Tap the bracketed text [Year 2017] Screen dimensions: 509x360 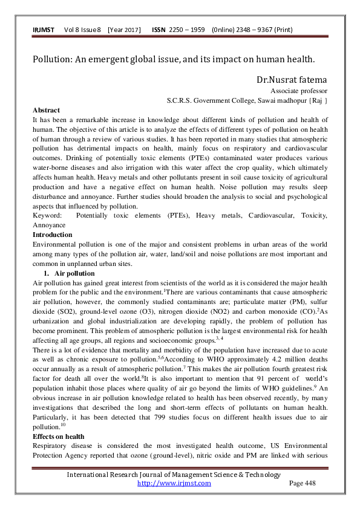(x=124, y=30)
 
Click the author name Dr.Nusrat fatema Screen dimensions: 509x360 (x=292, y=79)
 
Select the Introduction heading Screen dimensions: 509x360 (x=52, y=234)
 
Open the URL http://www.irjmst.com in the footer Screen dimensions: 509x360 (x=174, y=483)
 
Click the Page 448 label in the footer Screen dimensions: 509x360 (x=303, y=483)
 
